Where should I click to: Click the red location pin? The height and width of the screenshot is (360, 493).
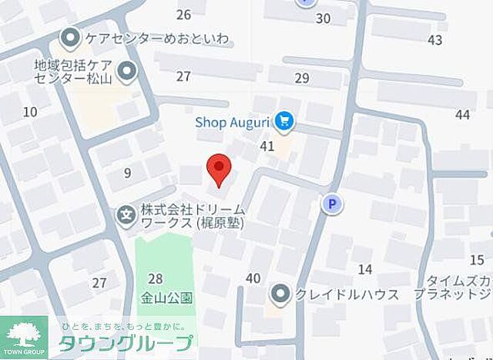click(220, 169)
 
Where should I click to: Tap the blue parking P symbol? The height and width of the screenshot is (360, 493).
click(332, 204)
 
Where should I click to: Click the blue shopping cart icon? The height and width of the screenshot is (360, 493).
click(285, 120)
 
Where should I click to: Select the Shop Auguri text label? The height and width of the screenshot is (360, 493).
click(234, 121)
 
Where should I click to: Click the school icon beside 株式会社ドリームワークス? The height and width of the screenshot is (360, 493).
click(125, 216)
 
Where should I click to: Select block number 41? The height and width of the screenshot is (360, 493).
click(267, 146)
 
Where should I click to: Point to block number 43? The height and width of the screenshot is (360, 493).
click(435, 40)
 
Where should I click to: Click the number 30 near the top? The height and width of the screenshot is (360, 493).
click(323, 19)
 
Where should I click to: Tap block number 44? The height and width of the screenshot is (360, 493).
click(462, 114)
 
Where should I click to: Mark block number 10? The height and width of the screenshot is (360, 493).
click(30, 112)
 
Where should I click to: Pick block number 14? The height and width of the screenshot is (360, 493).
click(365, 269)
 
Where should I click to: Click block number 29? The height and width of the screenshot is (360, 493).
click(301, 78)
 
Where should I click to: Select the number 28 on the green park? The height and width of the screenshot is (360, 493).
click(156, 278)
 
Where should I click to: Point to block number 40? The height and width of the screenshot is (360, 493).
click(253, 278)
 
